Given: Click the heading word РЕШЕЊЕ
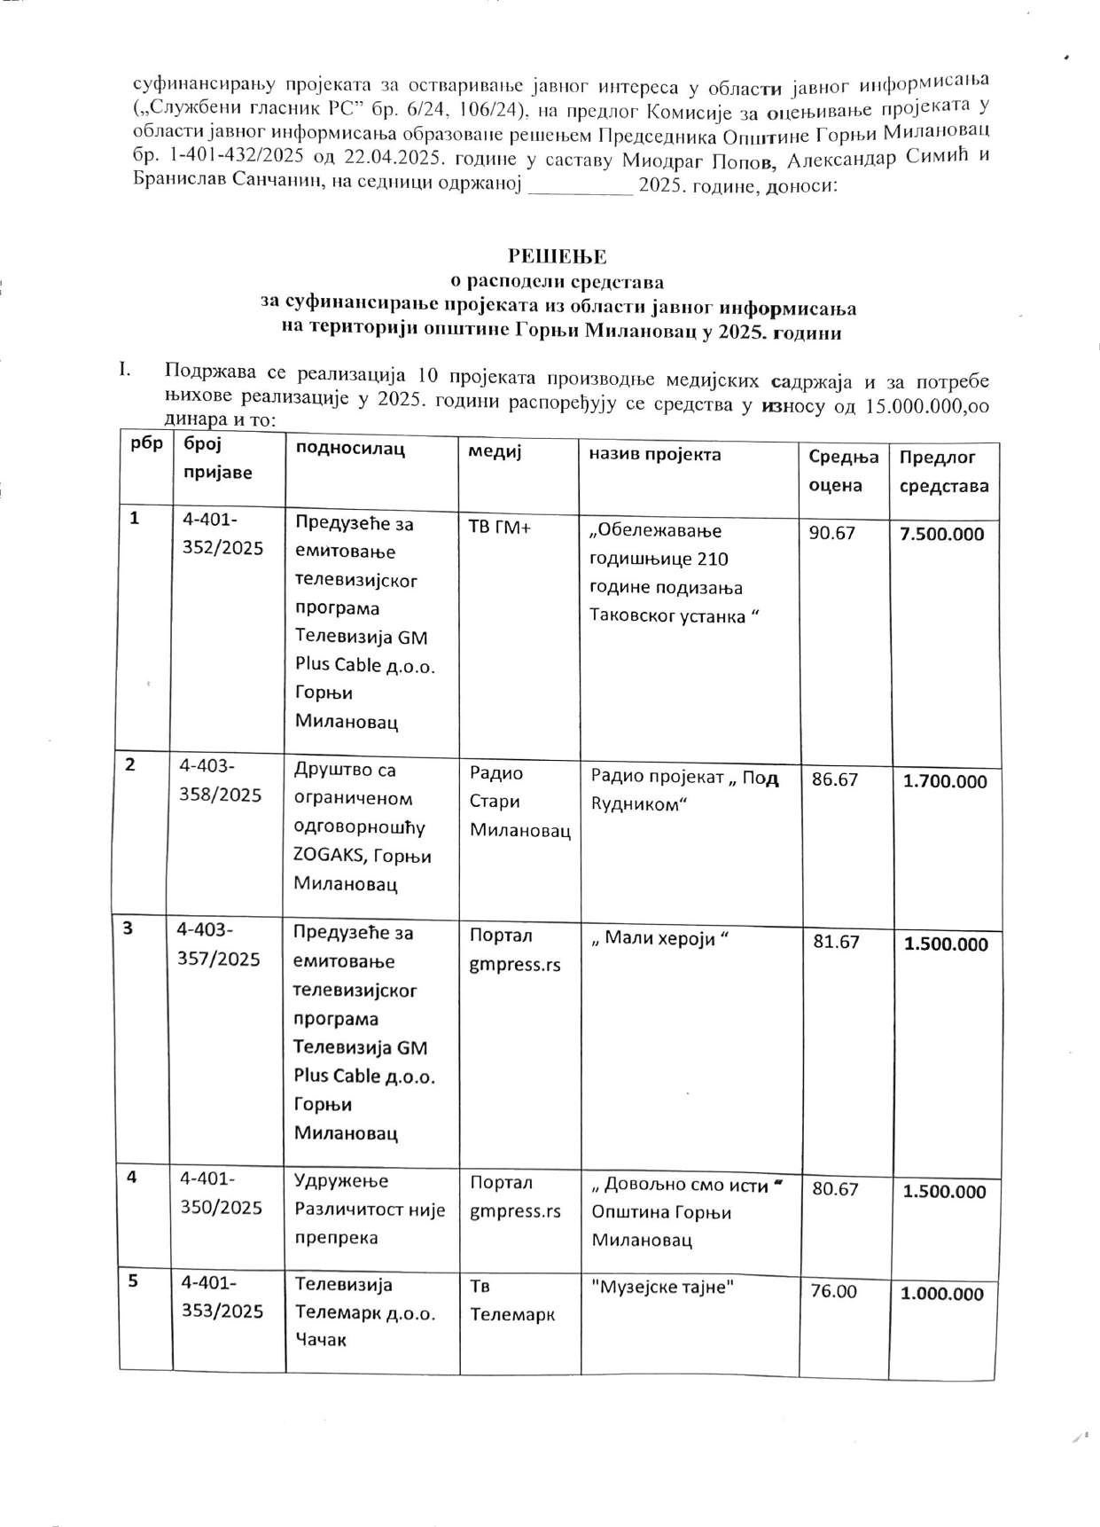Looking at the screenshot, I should (x=557, y=257).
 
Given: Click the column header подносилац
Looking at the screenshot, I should (x=349, y=449).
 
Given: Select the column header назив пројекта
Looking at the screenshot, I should (x=655, y=454).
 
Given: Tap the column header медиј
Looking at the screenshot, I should (x=495, y=450).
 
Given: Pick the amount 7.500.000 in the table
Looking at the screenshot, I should (x=943, y=534).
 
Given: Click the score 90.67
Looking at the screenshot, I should (x=832, y=531).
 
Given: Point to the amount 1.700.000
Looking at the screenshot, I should (x=944, y=781).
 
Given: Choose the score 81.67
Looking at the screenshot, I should (x=836, y=942).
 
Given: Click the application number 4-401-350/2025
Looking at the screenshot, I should (x=221, y=1193).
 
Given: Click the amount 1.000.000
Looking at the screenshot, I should (x=942, y=1294).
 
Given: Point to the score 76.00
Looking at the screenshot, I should (x=834, y=1291).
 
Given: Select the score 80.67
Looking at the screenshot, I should (x=835, y=1189).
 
